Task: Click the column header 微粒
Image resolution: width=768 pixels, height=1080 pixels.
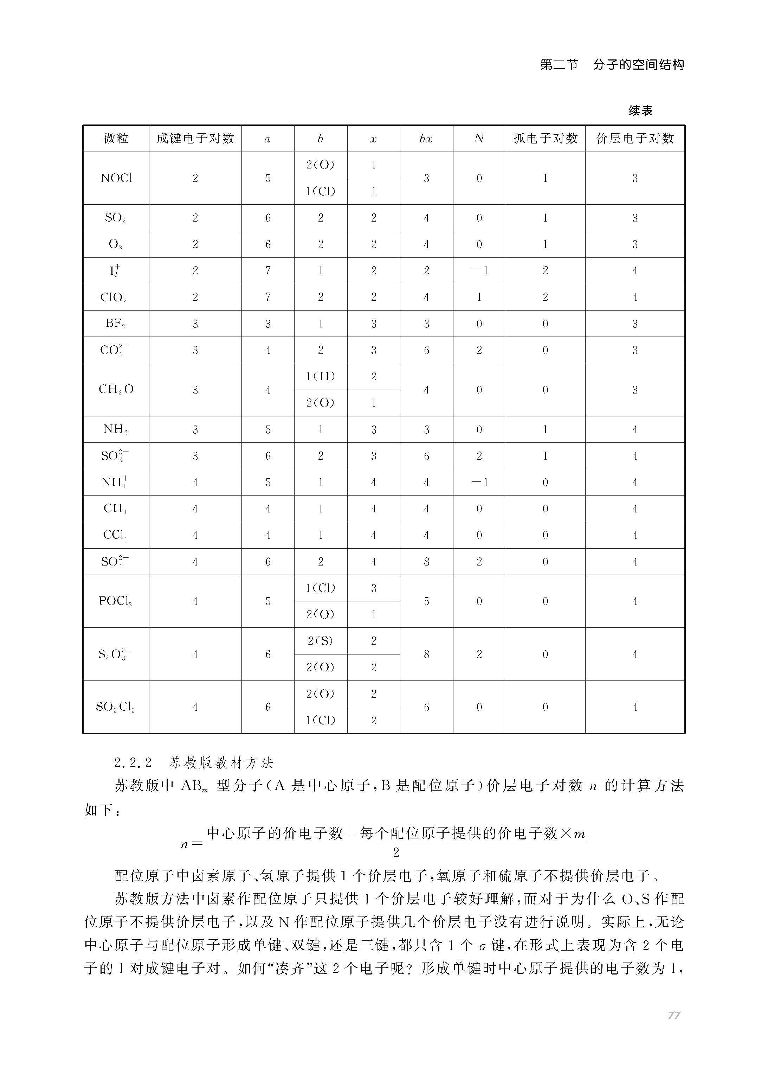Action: coord(116,139)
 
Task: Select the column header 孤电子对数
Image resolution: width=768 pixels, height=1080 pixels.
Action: coord(545,139)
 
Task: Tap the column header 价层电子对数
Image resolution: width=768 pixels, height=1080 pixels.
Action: coord(635,139)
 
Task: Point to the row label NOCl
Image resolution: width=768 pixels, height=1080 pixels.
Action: coord(116,178)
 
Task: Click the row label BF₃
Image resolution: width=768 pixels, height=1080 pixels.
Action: coord(116,324)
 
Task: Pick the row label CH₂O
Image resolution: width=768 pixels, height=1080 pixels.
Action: coord(116,390)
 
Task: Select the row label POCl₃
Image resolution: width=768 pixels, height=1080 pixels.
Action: coord(116,601)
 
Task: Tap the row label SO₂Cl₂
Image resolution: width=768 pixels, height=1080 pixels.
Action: coord(116,707)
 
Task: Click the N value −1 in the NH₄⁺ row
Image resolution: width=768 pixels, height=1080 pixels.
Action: coord(479,483)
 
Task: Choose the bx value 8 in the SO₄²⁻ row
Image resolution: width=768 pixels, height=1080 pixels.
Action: coord(426,562)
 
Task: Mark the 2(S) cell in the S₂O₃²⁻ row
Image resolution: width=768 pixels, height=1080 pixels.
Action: coord(320,641)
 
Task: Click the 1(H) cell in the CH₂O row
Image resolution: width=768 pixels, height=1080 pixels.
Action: coord(320,377)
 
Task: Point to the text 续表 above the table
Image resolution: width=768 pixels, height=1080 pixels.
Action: coord(640,111)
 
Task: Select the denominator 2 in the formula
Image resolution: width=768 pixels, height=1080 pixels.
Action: coord(396,853)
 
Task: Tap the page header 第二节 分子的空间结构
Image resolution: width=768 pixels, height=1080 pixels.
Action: coord(612,65)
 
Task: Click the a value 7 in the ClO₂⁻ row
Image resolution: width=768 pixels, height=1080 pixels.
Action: coord(268,298)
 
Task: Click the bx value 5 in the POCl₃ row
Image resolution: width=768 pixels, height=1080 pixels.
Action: coord(426,601)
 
